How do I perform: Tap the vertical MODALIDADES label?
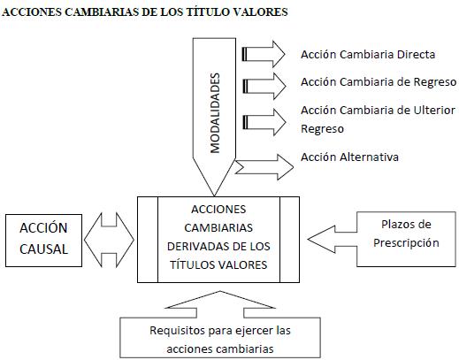215,113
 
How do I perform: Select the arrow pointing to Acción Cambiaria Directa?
264,55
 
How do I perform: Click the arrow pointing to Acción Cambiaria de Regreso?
264,86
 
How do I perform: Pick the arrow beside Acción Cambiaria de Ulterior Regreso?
264,122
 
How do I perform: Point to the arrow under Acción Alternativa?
264,167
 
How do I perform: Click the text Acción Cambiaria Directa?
368,55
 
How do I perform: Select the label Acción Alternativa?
349,157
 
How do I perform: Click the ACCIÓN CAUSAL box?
43,241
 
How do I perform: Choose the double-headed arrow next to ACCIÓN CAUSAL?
109,240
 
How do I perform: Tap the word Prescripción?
406,243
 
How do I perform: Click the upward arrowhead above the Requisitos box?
220,299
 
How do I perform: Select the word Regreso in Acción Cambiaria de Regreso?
438,82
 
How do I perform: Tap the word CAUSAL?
43,249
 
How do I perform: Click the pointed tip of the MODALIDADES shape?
214,195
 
